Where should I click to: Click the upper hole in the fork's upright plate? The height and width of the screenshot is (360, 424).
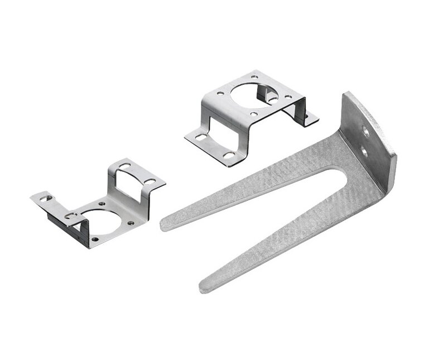(365, 130)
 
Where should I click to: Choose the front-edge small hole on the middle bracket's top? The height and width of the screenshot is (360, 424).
(254, 114)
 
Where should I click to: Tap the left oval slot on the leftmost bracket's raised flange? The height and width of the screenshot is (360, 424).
(124, 166)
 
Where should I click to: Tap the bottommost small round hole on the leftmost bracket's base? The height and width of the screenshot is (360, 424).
(95, 239)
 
